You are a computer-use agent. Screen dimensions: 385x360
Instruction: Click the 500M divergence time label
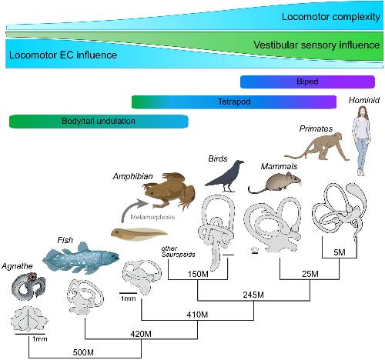[x=83, y=352]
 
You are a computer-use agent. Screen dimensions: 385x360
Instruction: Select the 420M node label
[x=141, y=334]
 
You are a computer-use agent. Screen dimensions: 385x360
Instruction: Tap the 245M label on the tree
[x=253, y=295]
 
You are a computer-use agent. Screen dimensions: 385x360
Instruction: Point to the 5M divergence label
[x=340, y=252]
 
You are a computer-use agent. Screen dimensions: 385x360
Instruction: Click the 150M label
[x=198, y=274]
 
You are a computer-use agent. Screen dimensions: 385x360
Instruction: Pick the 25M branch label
[x=310, y=274]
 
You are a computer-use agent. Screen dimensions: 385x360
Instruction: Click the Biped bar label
[x=307, y=82]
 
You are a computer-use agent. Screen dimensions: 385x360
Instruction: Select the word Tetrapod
[x=234, y=102]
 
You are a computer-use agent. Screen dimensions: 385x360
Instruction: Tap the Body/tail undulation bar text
[x=99, y=121]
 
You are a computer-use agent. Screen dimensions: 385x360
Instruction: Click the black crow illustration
[x=226, y=176]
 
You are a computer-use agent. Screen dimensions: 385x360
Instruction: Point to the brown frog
[x=169, y=190]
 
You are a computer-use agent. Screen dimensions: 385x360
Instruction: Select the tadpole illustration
[x=139, y=234]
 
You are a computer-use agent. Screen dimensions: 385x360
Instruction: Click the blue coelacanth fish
[x=81, y=257]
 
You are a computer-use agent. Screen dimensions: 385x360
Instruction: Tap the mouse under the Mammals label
[x=275, y=182]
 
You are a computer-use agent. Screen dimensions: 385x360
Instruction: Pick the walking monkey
[x=318, y=146]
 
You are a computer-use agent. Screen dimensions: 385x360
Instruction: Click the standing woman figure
[x=361, y=141]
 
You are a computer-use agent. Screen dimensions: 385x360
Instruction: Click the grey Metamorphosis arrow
[x=132, y=208]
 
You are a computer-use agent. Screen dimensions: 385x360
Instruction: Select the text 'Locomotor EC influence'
[x=63, y=55]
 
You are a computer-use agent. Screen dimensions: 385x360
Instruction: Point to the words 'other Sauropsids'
[x=178, y=252]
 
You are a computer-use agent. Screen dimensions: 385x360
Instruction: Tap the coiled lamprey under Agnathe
[x=28, y=286]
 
